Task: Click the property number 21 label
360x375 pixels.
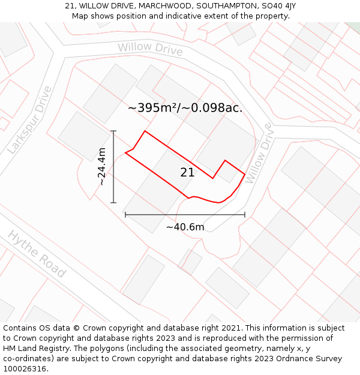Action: pos(187,173)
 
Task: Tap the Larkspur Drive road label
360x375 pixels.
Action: pos(30,120)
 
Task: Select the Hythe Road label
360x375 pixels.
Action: pos(37,254)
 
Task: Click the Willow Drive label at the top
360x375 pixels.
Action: pos(150,49)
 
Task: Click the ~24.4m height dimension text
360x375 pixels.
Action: pos(102,167)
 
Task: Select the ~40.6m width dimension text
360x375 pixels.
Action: pos(185,227)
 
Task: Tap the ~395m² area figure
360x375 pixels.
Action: pos(152,108)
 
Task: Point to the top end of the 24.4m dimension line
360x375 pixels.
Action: pos(113,131)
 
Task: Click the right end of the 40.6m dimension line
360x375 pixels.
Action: pos(245,214)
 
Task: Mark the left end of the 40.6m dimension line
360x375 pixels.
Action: pos(125,214)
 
